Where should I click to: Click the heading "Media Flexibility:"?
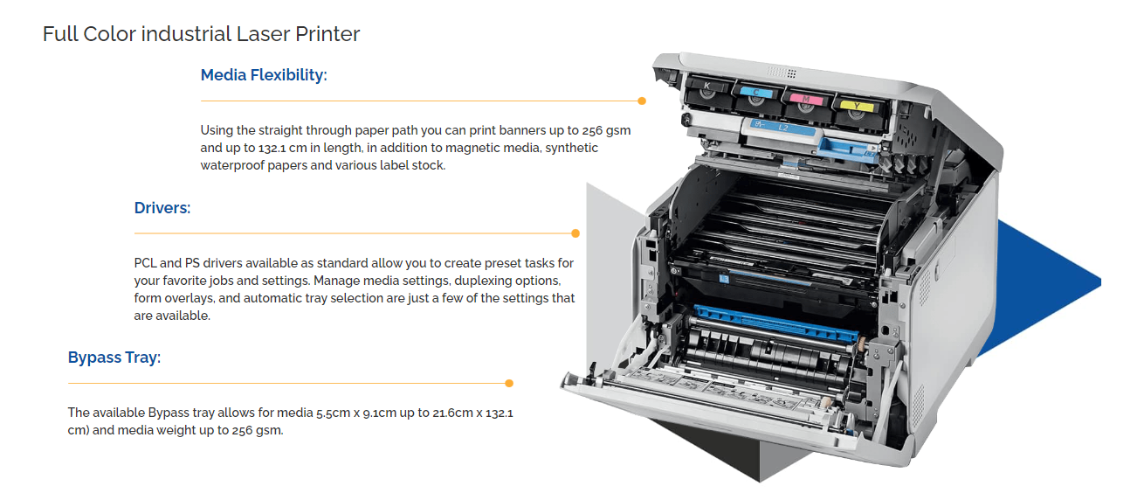(263, 75)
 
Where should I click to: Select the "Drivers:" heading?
(162, 208)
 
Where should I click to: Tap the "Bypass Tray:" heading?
(114, 358)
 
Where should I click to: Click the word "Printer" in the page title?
(327, 35)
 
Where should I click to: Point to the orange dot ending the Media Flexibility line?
(642, 101)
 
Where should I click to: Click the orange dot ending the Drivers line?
(575, 233)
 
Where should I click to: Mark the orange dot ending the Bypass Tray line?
(509, 383)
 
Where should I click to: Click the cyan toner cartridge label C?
(755, 91)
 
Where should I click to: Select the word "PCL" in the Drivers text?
(146, 263)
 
